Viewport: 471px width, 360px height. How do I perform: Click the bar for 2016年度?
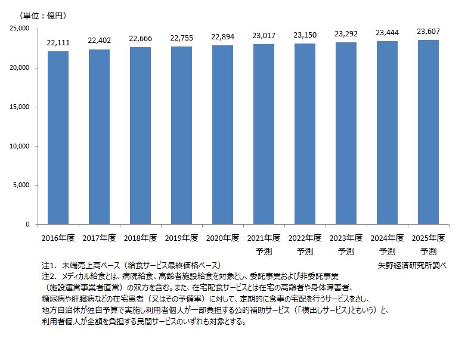58,138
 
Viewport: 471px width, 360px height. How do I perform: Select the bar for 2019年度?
181,135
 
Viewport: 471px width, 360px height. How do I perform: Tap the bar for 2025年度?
427,132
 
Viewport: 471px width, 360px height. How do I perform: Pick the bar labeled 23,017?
264,134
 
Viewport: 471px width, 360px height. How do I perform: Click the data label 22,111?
58,42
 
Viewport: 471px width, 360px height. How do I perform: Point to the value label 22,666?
140,39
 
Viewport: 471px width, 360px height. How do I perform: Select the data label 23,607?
427,32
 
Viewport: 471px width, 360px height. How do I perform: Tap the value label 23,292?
346,34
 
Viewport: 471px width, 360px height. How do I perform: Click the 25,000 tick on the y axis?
20,29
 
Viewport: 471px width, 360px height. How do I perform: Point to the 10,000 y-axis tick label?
20,146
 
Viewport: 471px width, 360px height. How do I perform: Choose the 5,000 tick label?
22,185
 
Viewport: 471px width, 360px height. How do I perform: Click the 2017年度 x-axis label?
99,238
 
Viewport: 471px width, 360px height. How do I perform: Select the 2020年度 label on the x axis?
222,238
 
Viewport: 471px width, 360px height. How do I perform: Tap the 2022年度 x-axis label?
305,238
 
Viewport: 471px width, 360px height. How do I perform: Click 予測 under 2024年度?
387,251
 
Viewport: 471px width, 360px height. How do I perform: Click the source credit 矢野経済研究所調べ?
412,265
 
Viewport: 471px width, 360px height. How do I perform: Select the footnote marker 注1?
48,265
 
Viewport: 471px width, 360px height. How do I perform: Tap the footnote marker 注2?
48,277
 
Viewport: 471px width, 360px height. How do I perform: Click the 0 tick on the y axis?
27,225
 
